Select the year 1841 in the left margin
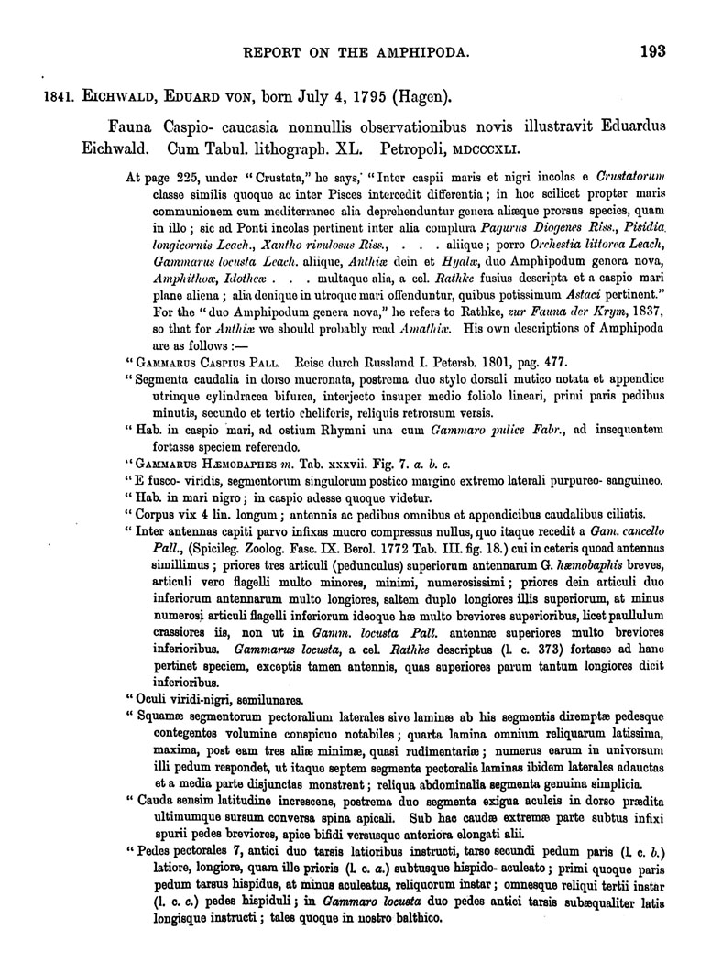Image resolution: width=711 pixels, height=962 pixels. (x=43, y=94)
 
